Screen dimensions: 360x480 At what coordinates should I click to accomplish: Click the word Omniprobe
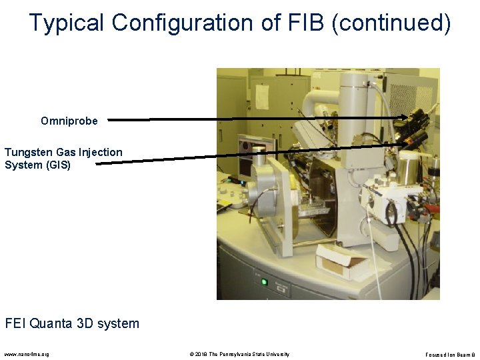(69, 121)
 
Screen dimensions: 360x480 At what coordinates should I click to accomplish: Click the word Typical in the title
(67, 23)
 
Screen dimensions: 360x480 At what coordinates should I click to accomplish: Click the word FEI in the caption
(16, 324)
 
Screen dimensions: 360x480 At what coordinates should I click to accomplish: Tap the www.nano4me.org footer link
(26, 353)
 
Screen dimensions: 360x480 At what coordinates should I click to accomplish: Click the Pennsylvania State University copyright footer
(239, 353)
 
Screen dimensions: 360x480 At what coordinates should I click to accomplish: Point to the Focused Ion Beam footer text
(449, 353)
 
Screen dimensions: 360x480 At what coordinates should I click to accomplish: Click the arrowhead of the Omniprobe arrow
(404, 118)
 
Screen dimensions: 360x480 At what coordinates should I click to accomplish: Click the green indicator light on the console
(264, 281)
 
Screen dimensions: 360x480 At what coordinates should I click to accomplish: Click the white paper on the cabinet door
(262, 97)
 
